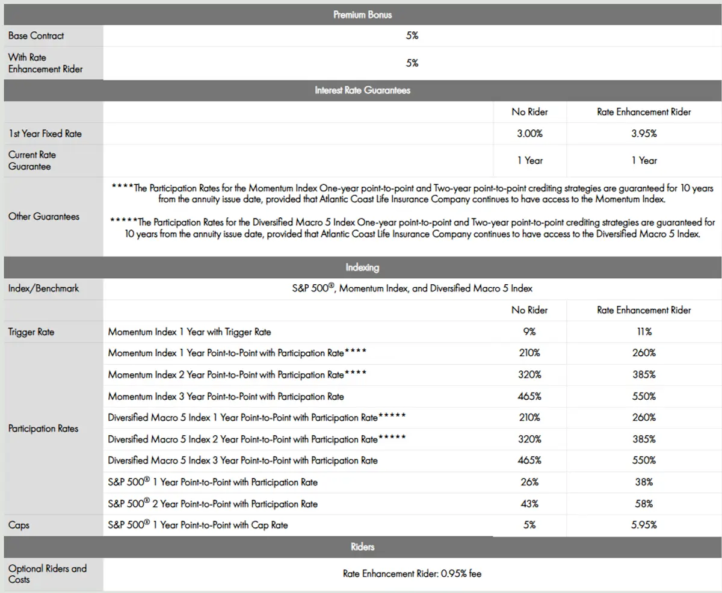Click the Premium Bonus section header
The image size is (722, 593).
362,14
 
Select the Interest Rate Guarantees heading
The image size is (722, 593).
362,90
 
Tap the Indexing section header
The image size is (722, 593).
362,267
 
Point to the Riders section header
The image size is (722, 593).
362,547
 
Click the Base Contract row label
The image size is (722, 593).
36,36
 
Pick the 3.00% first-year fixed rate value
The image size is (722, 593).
529,134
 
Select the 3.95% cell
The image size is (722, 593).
644,134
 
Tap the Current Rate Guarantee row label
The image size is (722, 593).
32,160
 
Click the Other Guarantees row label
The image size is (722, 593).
44,216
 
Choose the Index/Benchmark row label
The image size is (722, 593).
44,288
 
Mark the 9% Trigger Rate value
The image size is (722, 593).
529,332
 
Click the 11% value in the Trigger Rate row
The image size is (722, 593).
644,332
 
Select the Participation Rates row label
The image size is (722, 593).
43,429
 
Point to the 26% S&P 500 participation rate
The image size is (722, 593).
529,482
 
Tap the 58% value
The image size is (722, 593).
644,504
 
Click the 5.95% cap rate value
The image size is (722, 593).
644,525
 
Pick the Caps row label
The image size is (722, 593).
19,525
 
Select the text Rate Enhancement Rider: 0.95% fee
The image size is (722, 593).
412,574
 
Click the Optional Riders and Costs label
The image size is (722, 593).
48,574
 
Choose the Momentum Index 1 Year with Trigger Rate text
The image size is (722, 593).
190,332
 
